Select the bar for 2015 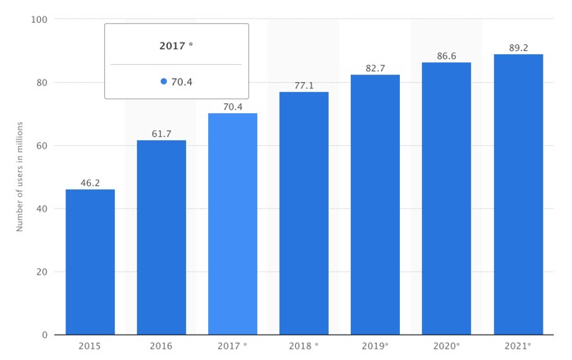90,262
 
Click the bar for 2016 161,238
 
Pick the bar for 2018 304,213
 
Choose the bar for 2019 375,205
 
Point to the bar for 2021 518,194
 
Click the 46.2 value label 90,183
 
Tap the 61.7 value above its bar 161,134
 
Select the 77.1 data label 304,85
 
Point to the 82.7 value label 375,68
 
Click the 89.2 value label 518,48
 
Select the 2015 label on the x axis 90,346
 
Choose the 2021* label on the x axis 518,346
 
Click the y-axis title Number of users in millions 20,176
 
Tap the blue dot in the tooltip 164,81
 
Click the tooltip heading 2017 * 176,46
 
